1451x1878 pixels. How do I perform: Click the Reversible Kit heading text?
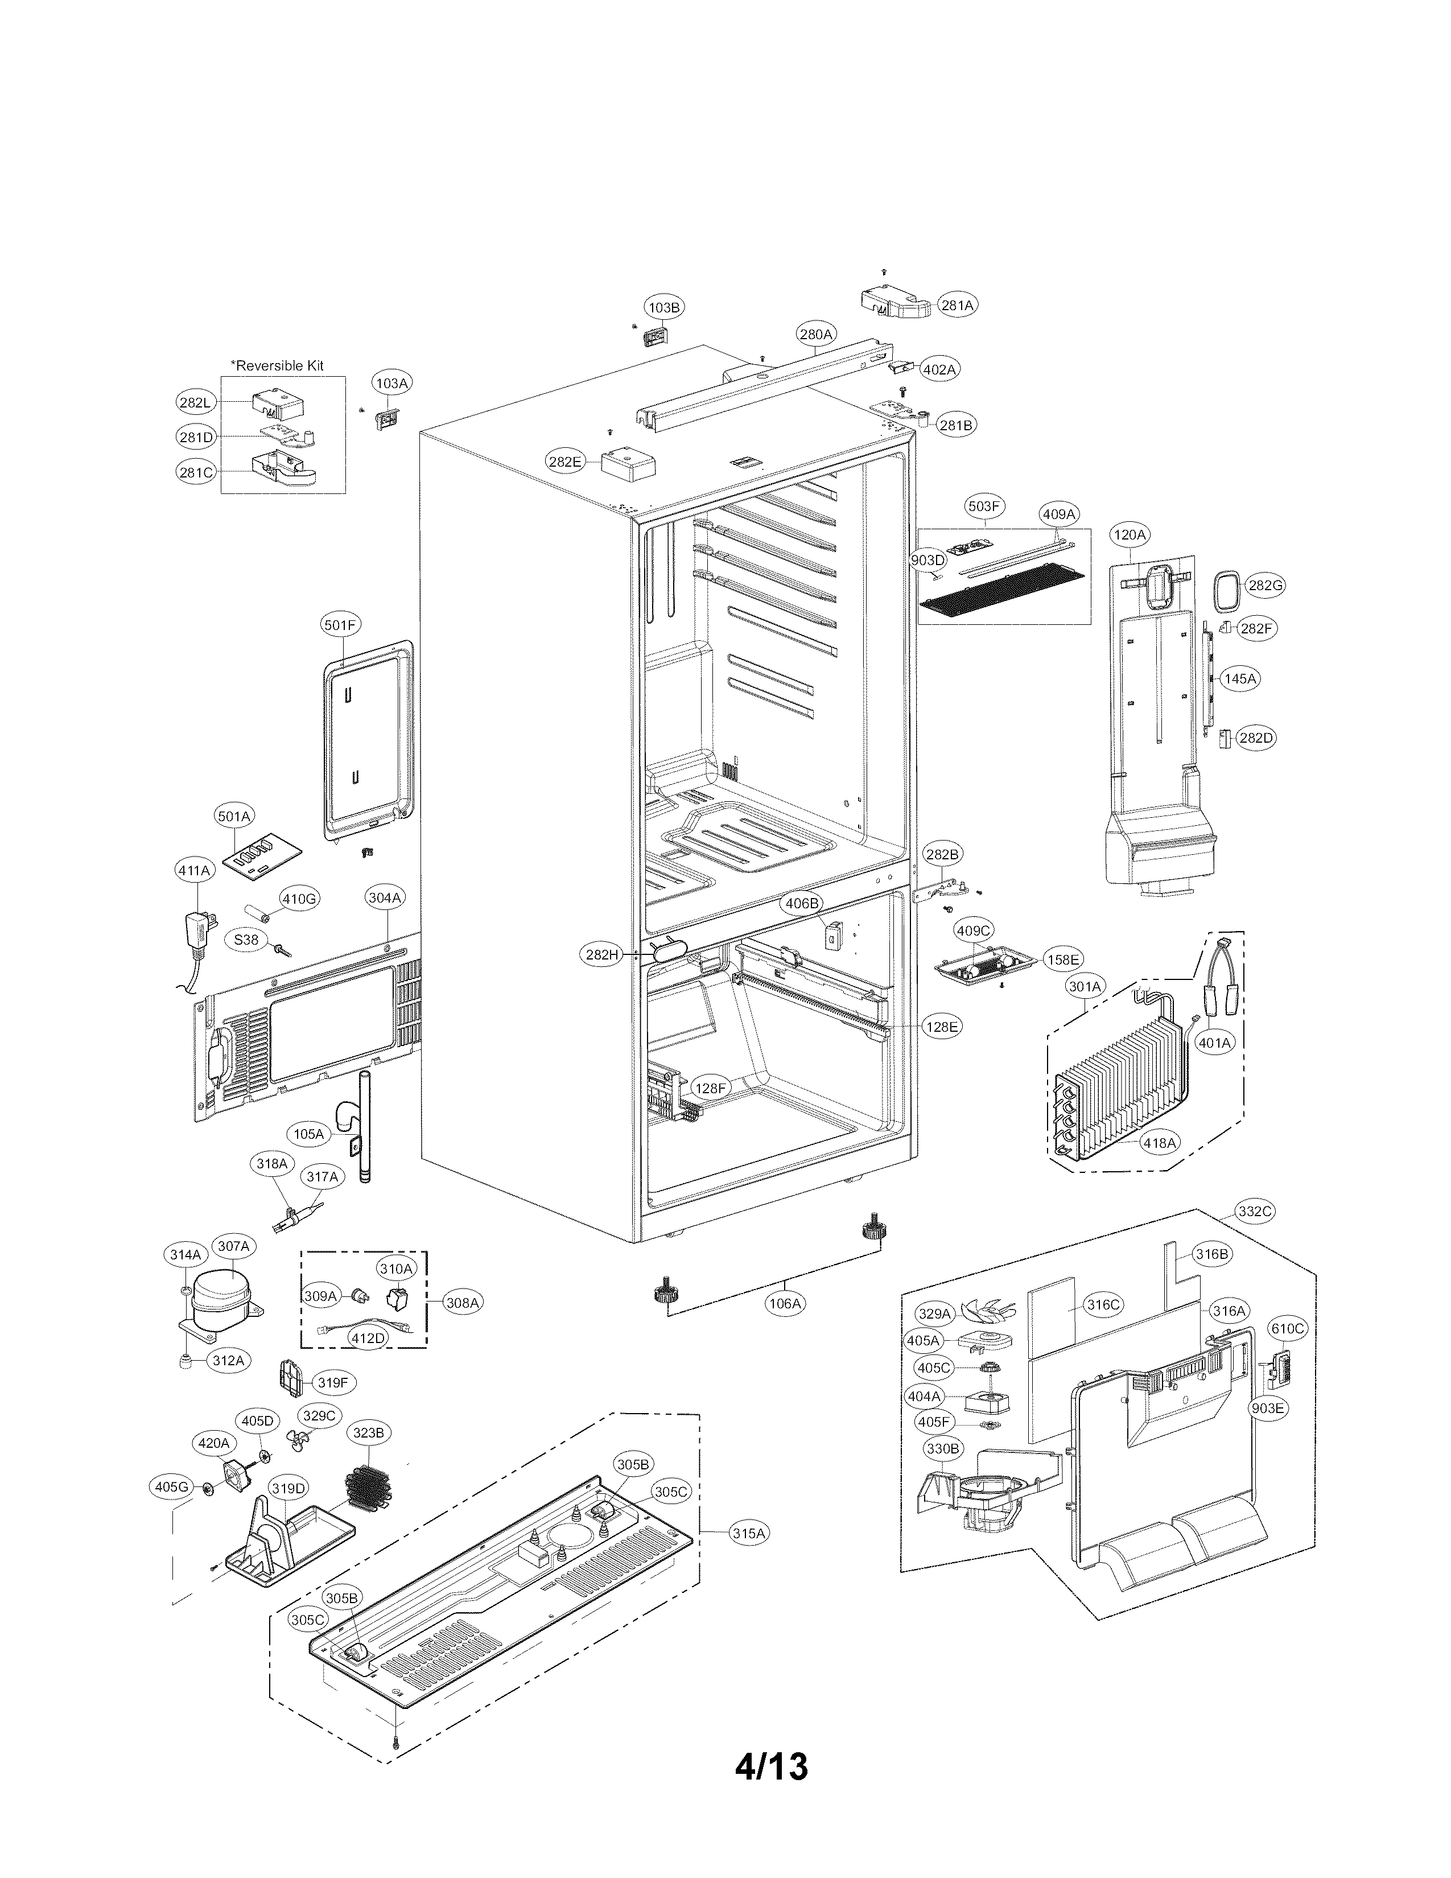coord(278,365)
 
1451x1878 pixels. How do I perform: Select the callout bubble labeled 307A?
coord(233,1246)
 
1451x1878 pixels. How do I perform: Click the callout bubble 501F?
coord(340,625)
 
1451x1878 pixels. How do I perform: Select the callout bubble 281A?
coord(956,305)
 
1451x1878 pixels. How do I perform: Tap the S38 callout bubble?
coord(247,940)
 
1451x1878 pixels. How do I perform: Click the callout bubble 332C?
coord(1254,1212)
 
